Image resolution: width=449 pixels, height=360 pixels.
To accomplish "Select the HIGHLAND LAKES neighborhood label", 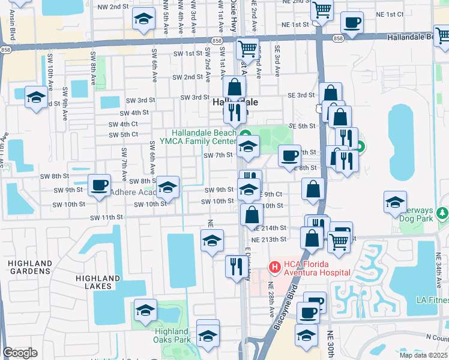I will click(98, 282).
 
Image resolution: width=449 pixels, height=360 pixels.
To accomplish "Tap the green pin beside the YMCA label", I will click(245, 133).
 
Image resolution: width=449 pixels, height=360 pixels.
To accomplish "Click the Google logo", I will click(20, 353).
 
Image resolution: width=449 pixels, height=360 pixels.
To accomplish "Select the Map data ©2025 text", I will click(424, 355).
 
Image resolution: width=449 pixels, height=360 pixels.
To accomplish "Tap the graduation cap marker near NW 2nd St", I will click(143, 20).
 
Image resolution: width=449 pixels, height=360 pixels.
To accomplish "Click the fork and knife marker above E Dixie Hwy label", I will click(234, 265).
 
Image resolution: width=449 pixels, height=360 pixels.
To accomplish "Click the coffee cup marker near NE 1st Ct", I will click(352, 23).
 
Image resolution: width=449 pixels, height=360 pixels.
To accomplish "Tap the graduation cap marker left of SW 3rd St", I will click(36, 97).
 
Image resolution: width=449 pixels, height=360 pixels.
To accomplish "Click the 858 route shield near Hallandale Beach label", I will click(338, 38).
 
